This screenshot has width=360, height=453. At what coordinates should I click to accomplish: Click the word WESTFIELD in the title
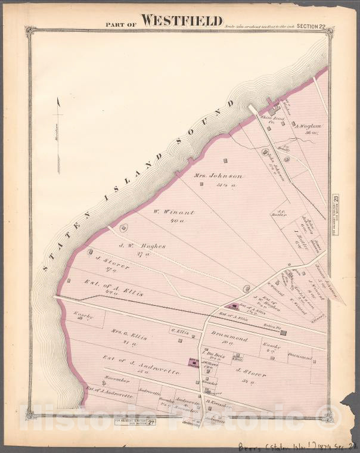coord(182,21)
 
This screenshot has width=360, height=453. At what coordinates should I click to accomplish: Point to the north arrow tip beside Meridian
coord(58,100)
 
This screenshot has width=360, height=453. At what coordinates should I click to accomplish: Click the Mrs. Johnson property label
coord(219,176)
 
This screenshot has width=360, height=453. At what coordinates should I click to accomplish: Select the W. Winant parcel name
coord(167,211)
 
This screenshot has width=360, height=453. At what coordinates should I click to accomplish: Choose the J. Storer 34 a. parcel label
coord(250,375)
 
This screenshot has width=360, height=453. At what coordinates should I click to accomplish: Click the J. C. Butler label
coord(280,213)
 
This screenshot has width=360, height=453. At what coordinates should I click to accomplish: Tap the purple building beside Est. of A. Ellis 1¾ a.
coord(232,306)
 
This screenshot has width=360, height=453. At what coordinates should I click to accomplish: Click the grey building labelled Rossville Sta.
coord(283,333)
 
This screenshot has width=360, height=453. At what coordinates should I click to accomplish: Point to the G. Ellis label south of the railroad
coord(179,331)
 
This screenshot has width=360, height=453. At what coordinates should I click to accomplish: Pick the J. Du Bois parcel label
coord(211,352)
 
